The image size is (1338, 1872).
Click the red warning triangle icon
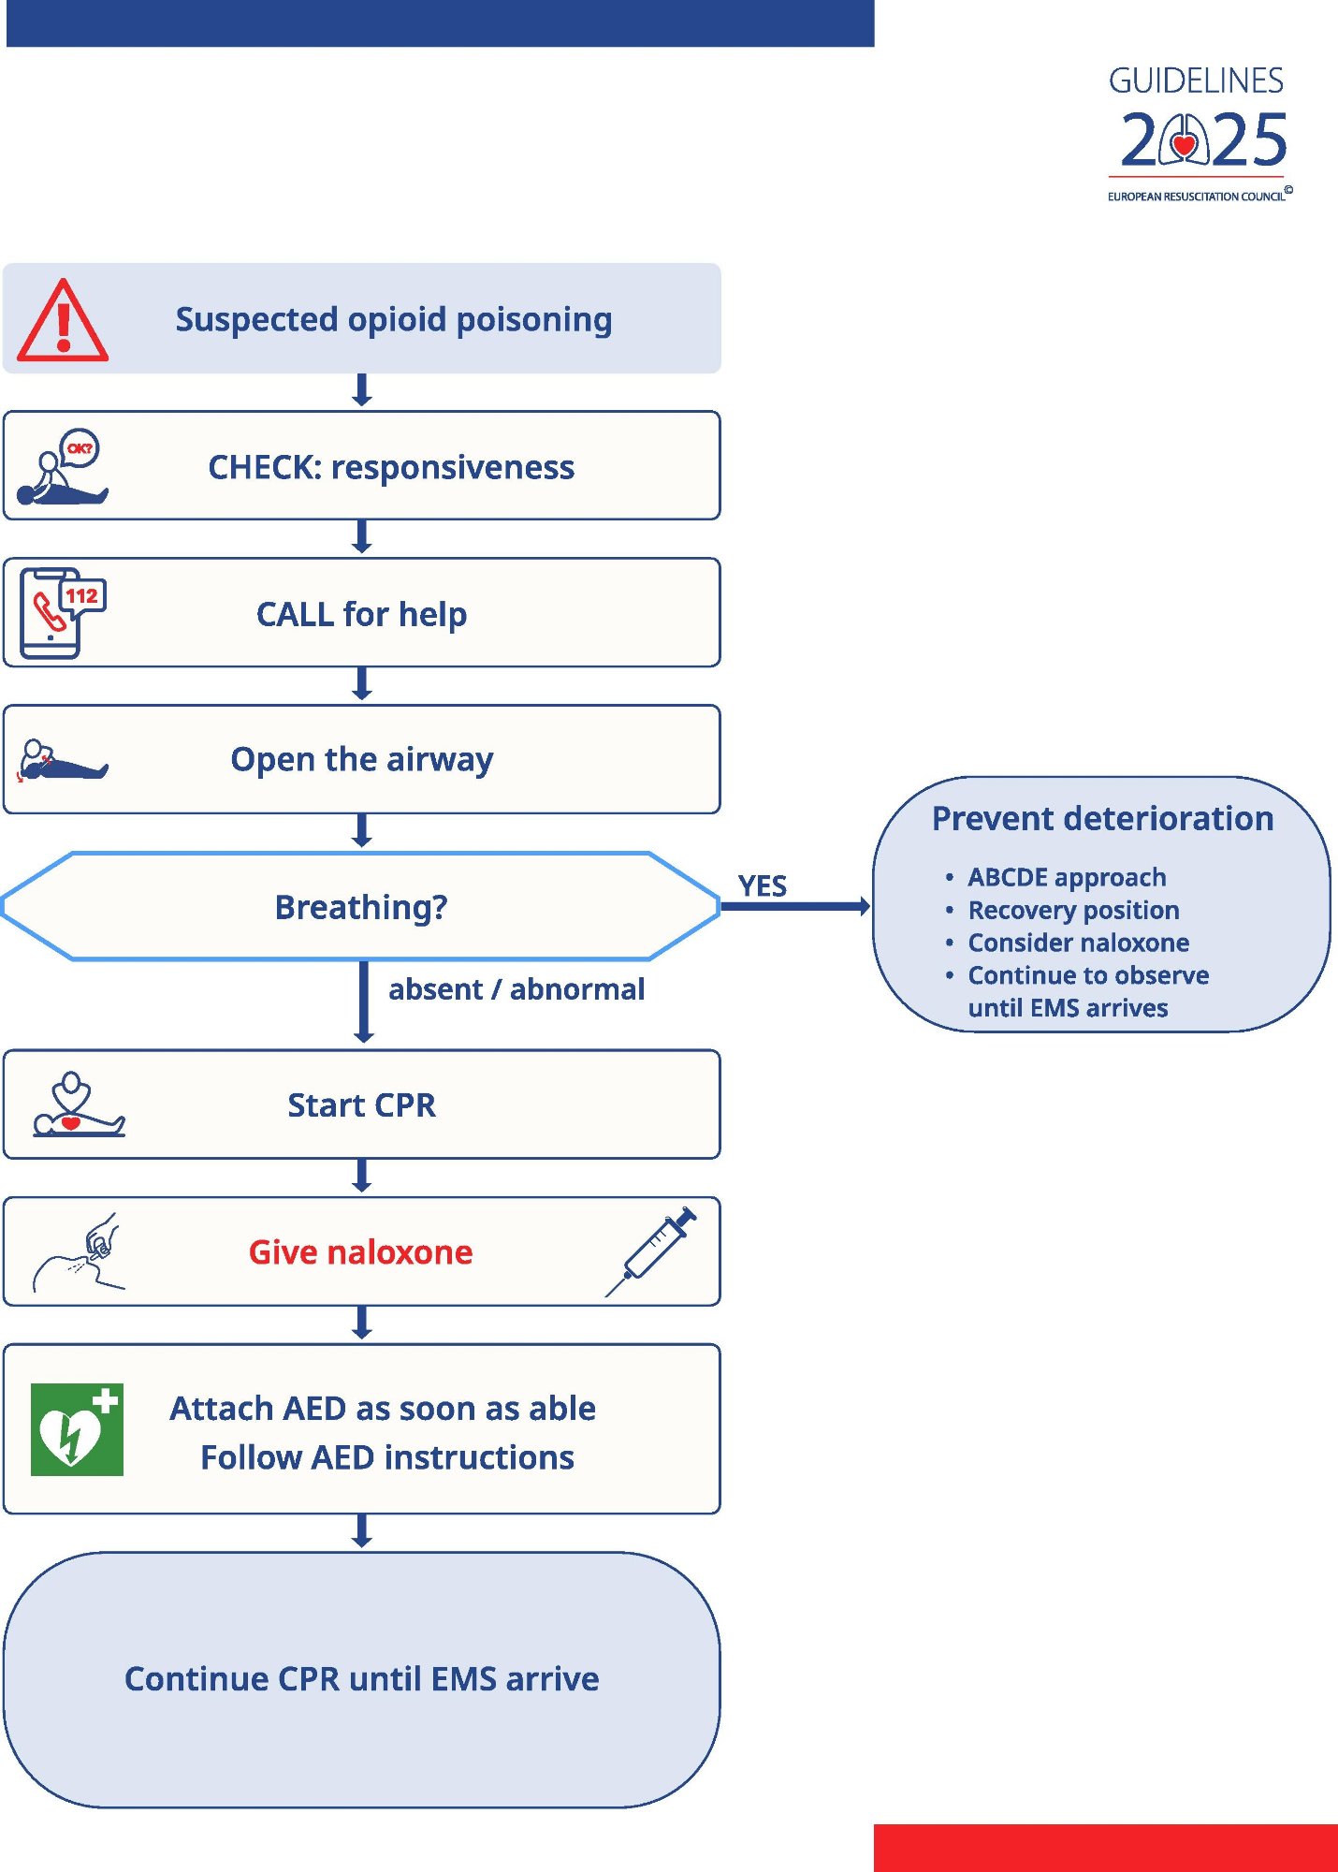(63, 323)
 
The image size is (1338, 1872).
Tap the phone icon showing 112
(61, 613)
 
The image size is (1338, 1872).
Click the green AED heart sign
(77, 1429)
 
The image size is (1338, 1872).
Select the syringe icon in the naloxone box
(653, 1250)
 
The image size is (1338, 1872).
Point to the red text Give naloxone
(360, 1252)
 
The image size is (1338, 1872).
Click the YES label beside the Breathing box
(762, 885)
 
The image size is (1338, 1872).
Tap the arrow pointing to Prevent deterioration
(795, 906)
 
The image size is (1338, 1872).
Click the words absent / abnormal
(516, 989)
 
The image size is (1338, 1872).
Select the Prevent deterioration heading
(1102, 819)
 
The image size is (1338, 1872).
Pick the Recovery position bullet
(1072, 910)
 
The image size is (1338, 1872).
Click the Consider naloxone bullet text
(1078, 943)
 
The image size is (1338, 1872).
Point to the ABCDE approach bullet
(1067, 877)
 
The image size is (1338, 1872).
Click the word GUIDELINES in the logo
(1196, 81)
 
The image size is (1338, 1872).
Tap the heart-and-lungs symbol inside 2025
(1185, 141)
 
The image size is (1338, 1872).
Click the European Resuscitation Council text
(1196, 197)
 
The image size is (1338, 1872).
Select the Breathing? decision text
(361, 907)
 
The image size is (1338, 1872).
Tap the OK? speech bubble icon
(80, 448)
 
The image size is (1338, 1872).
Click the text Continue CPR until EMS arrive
(361, 1679)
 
